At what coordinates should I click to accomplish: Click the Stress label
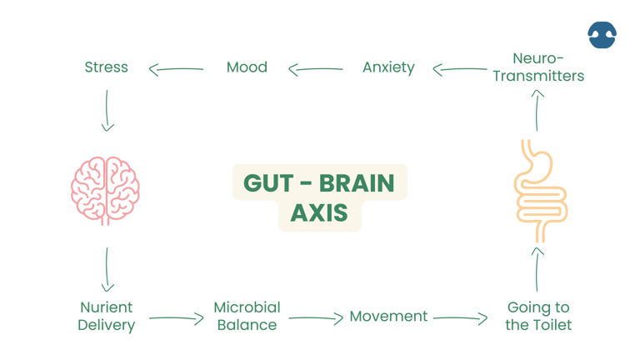coord(107,67)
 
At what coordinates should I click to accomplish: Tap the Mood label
coord(247,67)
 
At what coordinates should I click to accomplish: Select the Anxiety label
coord(388,67)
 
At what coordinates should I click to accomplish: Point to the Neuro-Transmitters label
coord(537,67)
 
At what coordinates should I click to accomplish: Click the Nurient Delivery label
coord(107,317)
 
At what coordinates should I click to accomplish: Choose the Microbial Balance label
coord(247,317)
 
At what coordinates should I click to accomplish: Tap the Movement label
coord(388,317)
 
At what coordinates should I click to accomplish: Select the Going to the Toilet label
coord(538,317)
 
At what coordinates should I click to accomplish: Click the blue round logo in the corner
coord(602,33)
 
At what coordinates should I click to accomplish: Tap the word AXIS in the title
coord(319,213)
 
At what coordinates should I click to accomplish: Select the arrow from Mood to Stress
coord(177,68)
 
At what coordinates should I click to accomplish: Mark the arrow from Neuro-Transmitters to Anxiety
coord(463,69)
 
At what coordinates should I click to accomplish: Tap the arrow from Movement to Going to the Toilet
coord(460,317)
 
